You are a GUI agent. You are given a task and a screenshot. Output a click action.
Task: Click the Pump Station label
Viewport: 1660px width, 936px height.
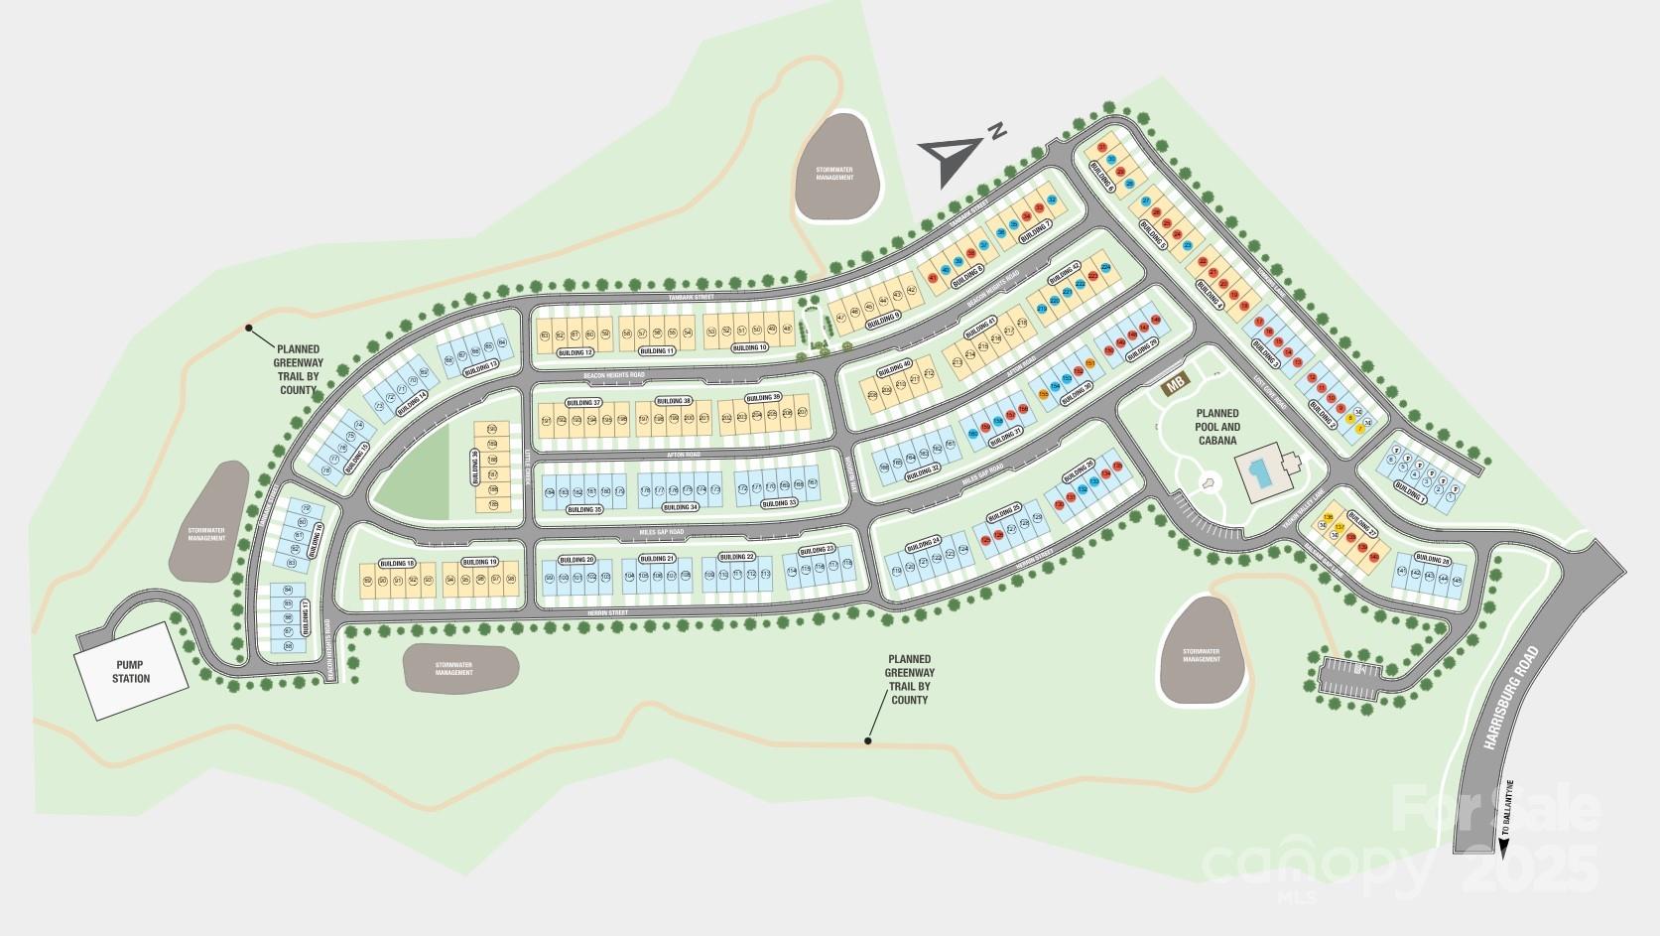pyautogui.click(x=131, y=672)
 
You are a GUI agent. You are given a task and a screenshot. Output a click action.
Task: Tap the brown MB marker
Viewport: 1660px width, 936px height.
pyautogui.click(x=1177, y=383)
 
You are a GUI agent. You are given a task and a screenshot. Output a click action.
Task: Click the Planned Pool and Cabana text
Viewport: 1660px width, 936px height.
pyautogui.click(x=1216, y=427)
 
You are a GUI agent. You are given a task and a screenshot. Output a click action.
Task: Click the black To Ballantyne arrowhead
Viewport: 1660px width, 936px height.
pyautogui.click(x=1504, y=847)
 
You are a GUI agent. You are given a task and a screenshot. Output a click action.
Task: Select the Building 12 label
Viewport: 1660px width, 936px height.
pyautogui.click(x=575, y=352)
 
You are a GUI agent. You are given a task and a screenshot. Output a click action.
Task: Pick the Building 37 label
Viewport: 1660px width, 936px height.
pyautogui.click(x=583, y=402)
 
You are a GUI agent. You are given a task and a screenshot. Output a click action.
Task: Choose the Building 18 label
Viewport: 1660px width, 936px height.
pyautogui.click(x=396, y=564)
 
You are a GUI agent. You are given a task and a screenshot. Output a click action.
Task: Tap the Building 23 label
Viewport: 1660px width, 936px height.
pyautogui.click(x=818, y=550)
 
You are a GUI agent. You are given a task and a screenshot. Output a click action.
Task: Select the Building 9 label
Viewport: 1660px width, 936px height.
pyautogui.click(x=883, y=320)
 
